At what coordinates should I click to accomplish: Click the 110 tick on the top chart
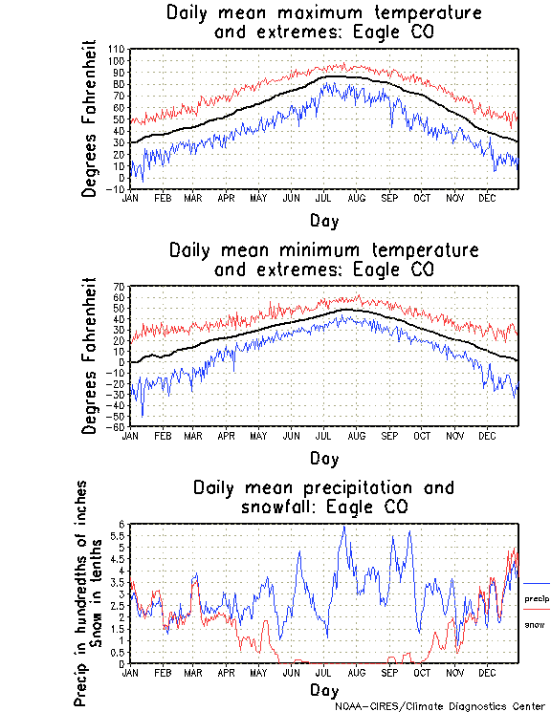coord(118,49)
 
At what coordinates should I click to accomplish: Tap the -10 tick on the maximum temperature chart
coord(118,189)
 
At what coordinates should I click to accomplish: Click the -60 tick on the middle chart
coord(118,427)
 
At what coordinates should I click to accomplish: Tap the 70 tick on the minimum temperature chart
coord(120,287)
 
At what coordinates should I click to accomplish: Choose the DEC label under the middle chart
coord(487,435)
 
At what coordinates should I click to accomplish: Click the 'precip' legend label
coord(537,597)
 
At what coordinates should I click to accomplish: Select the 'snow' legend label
coord(535,624)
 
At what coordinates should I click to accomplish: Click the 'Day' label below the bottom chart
coord(323,689)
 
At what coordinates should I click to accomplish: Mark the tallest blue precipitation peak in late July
coord(342,527)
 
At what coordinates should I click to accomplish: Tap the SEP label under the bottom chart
coord(388,672)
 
